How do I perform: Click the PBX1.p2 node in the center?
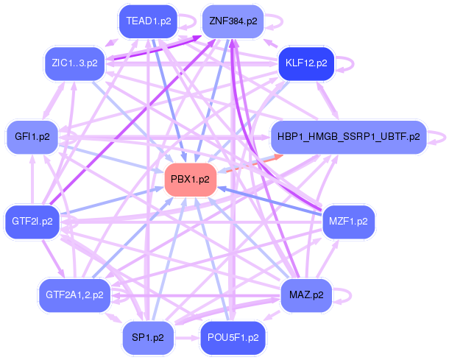(x=190, y=179)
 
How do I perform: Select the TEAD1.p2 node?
(x=148, y=21)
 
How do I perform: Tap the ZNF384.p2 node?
(x=233, y=21)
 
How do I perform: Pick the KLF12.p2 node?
(x=306, y=63)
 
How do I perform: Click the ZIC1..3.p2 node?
(x=70, y=63)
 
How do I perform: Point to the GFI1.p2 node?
(x=32, y=137)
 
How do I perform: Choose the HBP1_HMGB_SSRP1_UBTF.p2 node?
(x=349, y=137)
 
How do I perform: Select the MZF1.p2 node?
(x=348, y=221)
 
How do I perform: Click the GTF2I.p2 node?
(x=32, y=221)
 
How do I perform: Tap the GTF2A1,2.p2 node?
(x=74, y=295)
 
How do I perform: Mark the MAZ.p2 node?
(x=306, y=295)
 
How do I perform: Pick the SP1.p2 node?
(x=148, y=337)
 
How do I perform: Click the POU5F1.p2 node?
(x=233, y=337)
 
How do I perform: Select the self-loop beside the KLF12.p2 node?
(x=345, y=63)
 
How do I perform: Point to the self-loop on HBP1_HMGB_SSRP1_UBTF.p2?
(x=439, y=137)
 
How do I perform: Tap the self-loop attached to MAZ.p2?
(x=344, y=295)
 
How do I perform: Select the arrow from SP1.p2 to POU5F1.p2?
(x=187, y=337)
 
